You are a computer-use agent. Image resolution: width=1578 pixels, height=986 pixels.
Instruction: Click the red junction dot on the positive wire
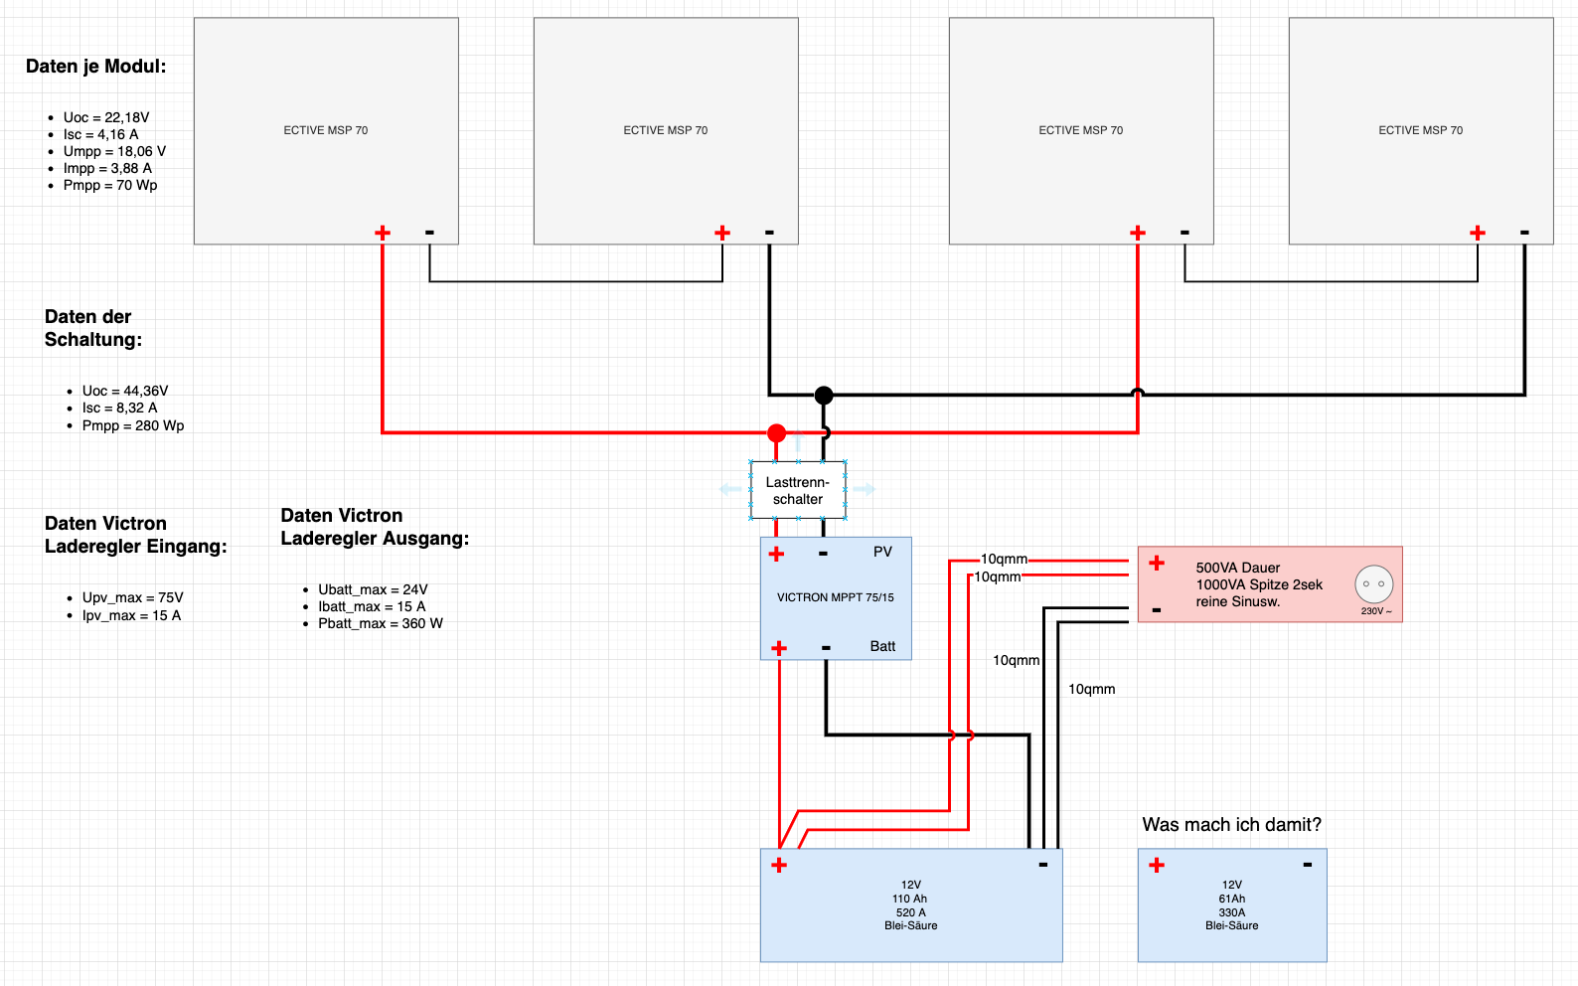[776, 432]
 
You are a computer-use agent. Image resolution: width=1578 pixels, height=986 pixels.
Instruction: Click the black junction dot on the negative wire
[824, 395]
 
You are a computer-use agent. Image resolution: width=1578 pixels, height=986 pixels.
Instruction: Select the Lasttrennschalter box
[798, 491]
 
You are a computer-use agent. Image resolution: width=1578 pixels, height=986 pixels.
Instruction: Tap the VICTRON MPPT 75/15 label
[835, 597]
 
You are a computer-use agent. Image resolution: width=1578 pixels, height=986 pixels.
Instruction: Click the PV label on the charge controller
[882, 552]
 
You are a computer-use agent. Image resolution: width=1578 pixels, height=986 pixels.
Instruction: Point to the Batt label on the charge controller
[882, 646]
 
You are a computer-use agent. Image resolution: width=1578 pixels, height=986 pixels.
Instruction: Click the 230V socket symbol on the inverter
[1373, 583]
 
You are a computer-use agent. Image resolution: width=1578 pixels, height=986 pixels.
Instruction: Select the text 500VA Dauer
[1238, 569]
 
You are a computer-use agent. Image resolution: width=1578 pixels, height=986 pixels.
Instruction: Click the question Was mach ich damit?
[1231, 825]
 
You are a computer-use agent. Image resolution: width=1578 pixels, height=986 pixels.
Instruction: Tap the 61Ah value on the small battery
[1231, 899]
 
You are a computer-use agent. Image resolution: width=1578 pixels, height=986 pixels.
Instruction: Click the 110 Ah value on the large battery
[909, 899]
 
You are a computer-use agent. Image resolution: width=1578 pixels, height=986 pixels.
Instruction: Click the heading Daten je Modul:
[95, 67]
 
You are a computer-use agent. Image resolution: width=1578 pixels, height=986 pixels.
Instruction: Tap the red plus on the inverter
[1157, 564]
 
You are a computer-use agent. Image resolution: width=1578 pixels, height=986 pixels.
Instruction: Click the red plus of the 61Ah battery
[1157, 865]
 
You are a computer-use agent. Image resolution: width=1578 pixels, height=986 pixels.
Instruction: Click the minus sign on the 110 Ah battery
[1043, 865]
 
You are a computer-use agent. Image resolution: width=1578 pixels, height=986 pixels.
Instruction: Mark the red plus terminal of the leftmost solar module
[383, 233]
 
